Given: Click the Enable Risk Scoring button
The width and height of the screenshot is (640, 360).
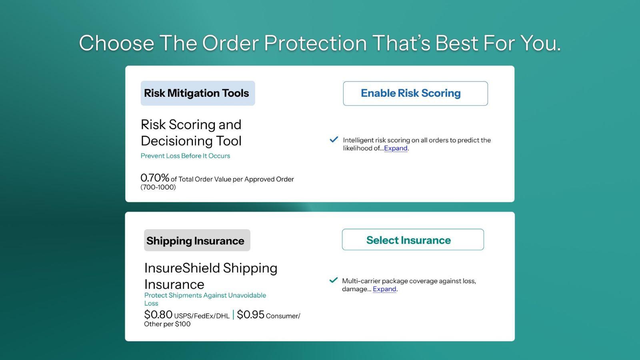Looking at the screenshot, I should coord(415,94).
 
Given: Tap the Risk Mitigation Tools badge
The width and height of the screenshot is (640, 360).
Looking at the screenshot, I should coord(198,93).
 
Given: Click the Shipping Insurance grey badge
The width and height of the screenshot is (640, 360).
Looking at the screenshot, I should coord(197,240).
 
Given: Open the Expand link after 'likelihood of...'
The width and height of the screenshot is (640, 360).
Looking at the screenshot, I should coord(396,148).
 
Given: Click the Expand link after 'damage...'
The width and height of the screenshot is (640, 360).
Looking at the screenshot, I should coord(384,289).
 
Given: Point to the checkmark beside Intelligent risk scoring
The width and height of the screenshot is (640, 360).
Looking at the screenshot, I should coord(334,140).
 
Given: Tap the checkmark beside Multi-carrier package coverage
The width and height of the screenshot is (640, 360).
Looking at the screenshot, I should coord(333,280).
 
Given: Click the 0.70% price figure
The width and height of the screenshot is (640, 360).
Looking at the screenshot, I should coord(155,178).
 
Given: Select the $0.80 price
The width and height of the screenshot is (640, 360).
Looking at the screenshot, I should coord(158,315).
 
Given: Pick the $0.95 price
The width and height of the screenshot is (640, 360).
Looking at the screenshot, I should coord(250,315).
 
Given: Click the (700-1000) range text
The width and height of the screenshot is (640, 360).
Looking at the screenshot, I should coord(158,187).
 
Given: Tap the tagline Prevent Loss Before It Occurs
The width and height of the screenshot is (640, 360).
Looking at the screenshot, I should coord(185,156).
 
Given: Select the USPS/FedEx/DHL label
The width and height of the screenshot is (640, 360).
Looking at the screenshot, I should coord(202,316).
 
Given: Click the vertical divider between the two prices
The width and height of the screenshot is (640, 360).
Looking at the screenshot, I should coord(233,315).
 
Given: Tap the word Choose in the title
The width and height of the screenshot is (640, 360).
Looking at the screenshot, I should coord(116,43).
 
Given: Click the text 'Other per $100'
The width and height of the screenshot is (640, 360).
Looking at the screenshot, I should coord(167,324).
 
